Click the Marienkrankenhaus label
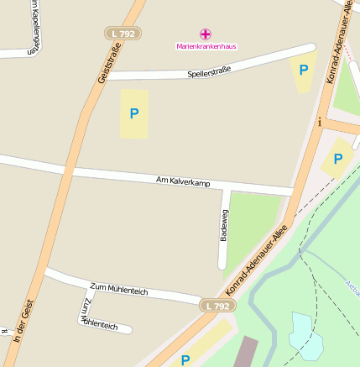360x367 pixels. point(206,45)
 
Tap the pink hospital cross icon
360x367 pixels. point(206,34)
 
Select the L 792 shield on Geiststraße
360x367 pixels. point(123,34)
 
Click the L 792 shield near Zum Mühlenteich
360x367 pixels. point(217,307)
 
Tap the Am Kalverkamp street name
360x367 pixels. point(183,182)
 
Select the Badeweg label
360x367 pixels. point(223,225)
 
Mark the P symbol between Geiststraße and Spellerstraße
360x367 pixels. point(133,113)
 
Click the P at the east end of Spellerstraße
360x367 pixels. point(304,71)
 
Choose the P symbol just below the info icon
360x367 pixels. point(338,159)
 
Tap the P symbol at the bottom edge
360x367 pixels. point(185,359)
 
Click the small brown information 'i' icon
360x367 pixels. point(319,122)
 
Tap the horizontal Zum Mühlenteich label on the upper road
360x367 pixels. point(118,290)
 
